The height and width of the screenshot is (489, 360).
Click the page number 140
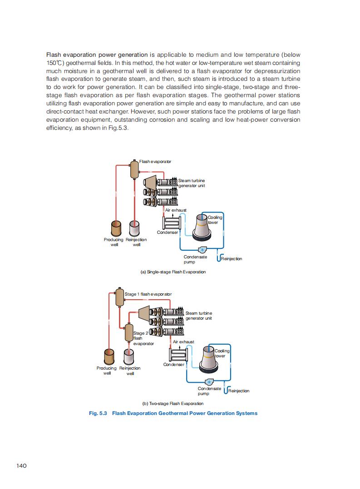tap(22, 465)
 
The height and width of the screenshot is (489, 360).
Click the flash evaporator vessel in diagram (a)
tap(134, 169)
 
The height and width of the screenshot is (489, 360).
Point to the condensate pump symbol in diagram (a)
tap(202, 249)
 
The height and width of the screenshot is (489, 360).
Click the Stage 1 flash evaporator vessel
tap(119, 298)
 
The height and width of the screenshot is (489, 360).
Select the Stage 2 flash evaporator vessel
tap(129, 332)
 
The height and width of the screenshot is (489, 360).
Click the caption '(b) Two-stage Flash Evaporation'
tap(173, 403)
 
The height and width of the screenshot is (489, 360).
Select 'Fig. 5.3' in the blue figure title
tap(98, 413)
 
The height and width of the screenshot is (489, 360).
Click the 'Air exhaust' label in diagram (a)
tap(176, 210)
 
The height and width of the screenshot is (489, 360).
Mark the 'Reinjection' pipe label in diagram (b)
tap(238, 391)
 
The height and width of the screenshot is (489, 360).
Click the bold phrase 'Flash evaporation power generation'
tap(97, 54)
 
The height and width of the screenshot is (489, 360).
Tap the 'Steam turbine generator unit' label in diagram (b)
tap(198, 316)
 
